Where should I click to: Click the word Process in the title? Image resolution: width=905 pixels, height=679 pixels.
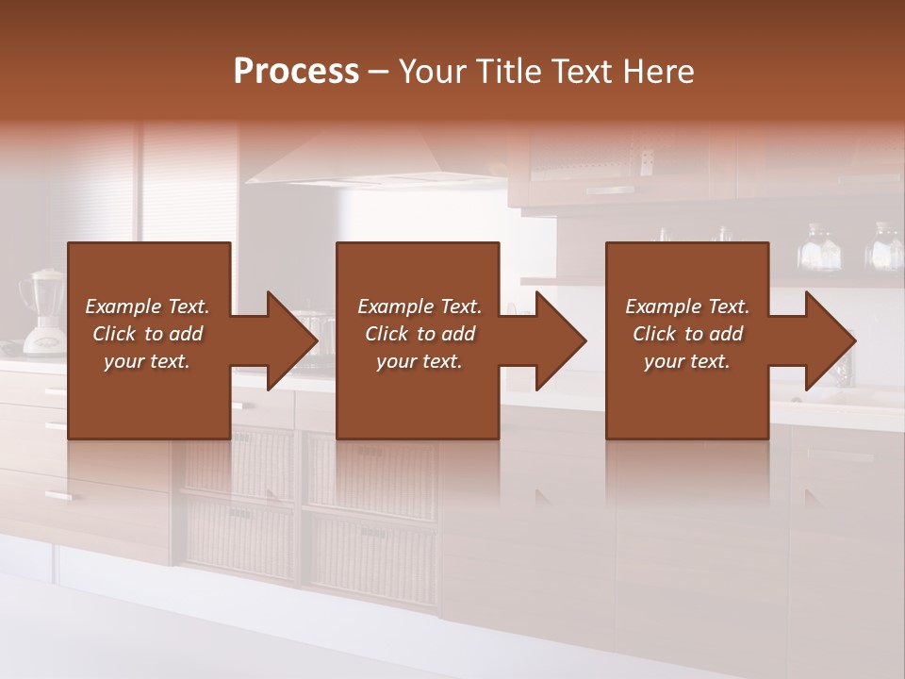pyautogui.click(x=296, y=72)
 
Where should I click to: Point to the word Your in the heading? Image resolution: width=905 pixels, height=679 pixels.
pyautogui.click(x=435, y=72)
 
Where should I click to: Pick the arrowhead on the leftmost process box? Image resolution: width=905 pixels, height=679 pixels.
pyautogui.click(x=292, y=340)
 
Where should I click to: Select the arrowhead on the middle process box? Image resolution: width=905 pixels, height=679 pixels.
pyautogui.click(x=561, y=340)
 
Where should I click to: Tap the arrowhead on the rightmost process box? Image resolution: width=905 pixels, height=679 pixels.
pyautogui.click(x=830, y=340)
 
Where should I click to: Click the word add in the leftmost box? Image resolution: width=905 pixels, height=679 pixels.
pyautogui.click(x=187, y=334)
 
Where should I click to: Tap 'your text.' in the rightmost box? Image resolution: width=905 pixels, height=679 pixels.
pyautogui.click(x=686, y=361)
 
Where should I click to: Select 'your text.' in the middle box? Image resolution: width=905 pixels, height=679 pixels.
pyautogui.click(x=419, y=361)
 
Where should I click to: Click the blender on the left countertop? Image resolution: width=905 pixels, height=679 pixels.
pyautogui.click(x=42, y=311)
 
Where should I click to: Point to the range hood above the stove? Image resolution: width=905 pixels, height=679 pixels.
pyautogui.click(x=377, y=160)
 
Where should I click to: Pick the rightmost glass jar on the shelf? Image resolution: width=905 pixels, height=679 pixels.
pyautogui.click(x=884, y=247)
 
